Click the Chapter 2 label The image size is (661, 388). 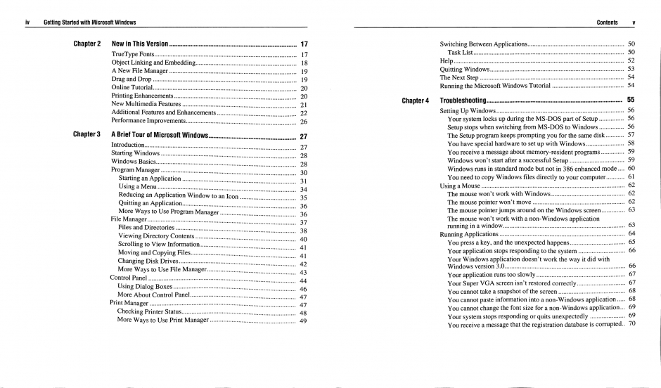tap(86, 44)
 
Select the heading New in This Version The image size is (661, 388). tap(139, 44)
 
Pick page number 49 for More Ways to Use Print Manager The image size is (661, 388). tap(303, 321)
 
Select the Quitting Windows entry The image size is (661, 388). tap(464, 69)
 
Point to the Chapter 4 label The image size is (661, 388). tap(415, 101)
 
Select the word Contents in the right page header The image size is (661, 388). tap(607, 23)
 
